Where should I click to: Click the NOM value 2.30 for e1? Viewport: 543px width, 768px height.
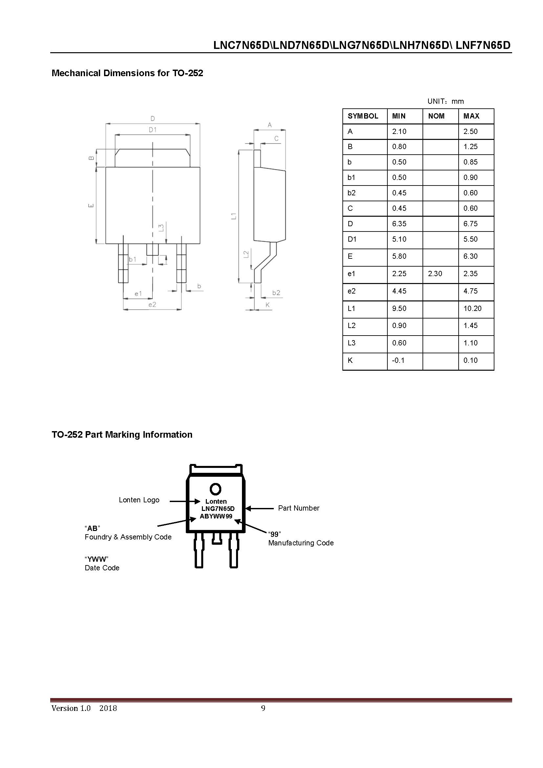coord(435,274)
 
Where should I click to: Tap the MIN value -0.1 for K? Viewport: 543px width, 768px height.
coord(398,360)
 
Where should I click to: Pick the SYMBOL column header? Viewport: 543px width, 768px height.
coord(363,116)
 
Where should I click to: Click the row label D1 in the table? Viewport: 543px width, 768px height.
coord(352,239)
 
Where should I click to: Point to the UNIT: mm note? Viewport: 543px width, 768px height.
coord(445,101)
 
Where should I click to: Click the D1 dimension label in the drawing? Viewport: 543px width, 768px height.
coord(152,129)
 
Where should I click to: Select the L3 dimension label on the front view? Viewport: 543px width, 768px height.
coord(161,228)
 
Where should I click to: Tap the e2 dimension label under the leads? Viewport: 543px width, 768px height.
coord(152,304)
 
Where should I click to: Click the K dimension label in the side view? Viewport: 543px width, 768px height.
coord(268,305)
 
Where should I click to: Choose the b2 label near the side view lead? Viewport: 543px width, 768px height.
coord(276,293)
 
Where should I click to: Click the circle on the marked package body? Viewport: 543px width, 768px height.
coord(215,489)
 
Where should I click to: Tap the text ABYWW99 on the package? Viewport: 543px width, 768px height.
coord(216,516)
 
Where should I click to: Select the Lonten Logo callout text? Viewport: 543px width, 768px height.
coord(139,500)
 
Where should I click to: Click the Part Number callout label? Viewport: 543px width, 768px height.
coord(298,508)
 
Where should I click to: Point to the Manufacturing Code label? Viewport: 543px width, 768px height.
coord(301,543)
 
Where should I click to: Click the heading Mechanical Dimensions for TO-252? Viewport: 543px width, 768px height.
coord(127,73)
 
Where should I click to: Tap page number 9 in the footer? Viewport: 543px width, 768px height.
coord(263,708)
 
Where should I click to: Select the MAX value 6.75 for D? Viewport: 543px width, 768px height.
coord(470,224)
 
